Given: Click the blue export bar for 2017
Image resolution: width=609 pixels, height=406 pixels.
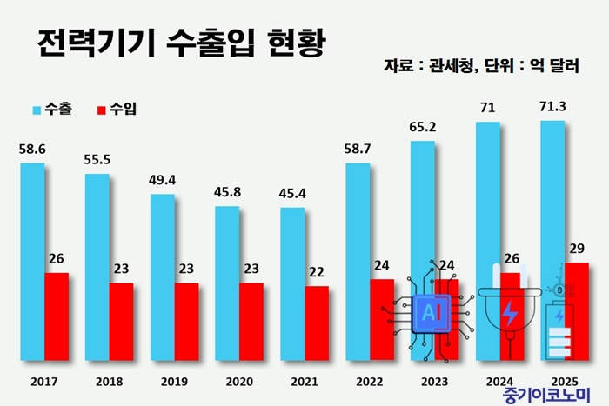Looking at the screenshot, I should pyautogui.click(x=32, y=261).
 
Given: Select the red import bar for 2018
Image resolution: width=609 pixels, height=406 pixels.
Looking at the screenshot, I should pyautogui.click(x=121, y=322).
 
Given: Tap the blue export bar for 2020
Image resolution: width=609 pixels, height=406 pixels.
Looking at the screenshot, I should pyautogui.click(x=228, y=283).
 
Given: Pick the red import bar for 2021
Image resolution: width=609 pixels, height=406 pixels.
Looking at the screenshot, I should pyautogui.click(x=317, y=323).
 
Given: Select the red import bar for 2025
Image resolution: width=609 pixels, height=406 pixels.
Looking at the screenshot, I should pyautogui.click(x=576, y=311).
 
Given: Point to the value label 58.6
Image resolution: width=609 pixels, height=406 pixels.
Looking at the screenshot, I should pyautogui.click(x=32, y=150).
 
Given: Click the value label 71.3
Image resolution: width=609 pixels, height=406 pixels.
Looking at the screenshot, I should pyautogui.click(x=553, y=108).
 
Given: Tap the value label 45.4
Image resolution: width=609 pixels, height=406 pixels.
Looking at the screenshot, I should pyautogui.click(x=293, y=195).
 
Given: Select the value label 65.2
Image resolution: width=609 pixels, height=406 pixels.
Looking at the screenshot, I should pyautogui.click(x=423, y=128).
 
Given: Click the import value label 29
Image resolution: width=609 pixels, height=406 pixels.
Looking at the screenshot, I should pyautogui.click(x=576, y=250).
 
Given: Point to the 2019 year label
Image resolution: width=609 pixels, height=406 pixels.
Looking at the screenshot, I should pyautogui.click(x=174, y=380).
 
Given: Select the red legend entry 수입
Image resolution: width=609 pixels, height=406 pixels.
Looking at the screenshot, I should pyautogui.click(x=117, y=110).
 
